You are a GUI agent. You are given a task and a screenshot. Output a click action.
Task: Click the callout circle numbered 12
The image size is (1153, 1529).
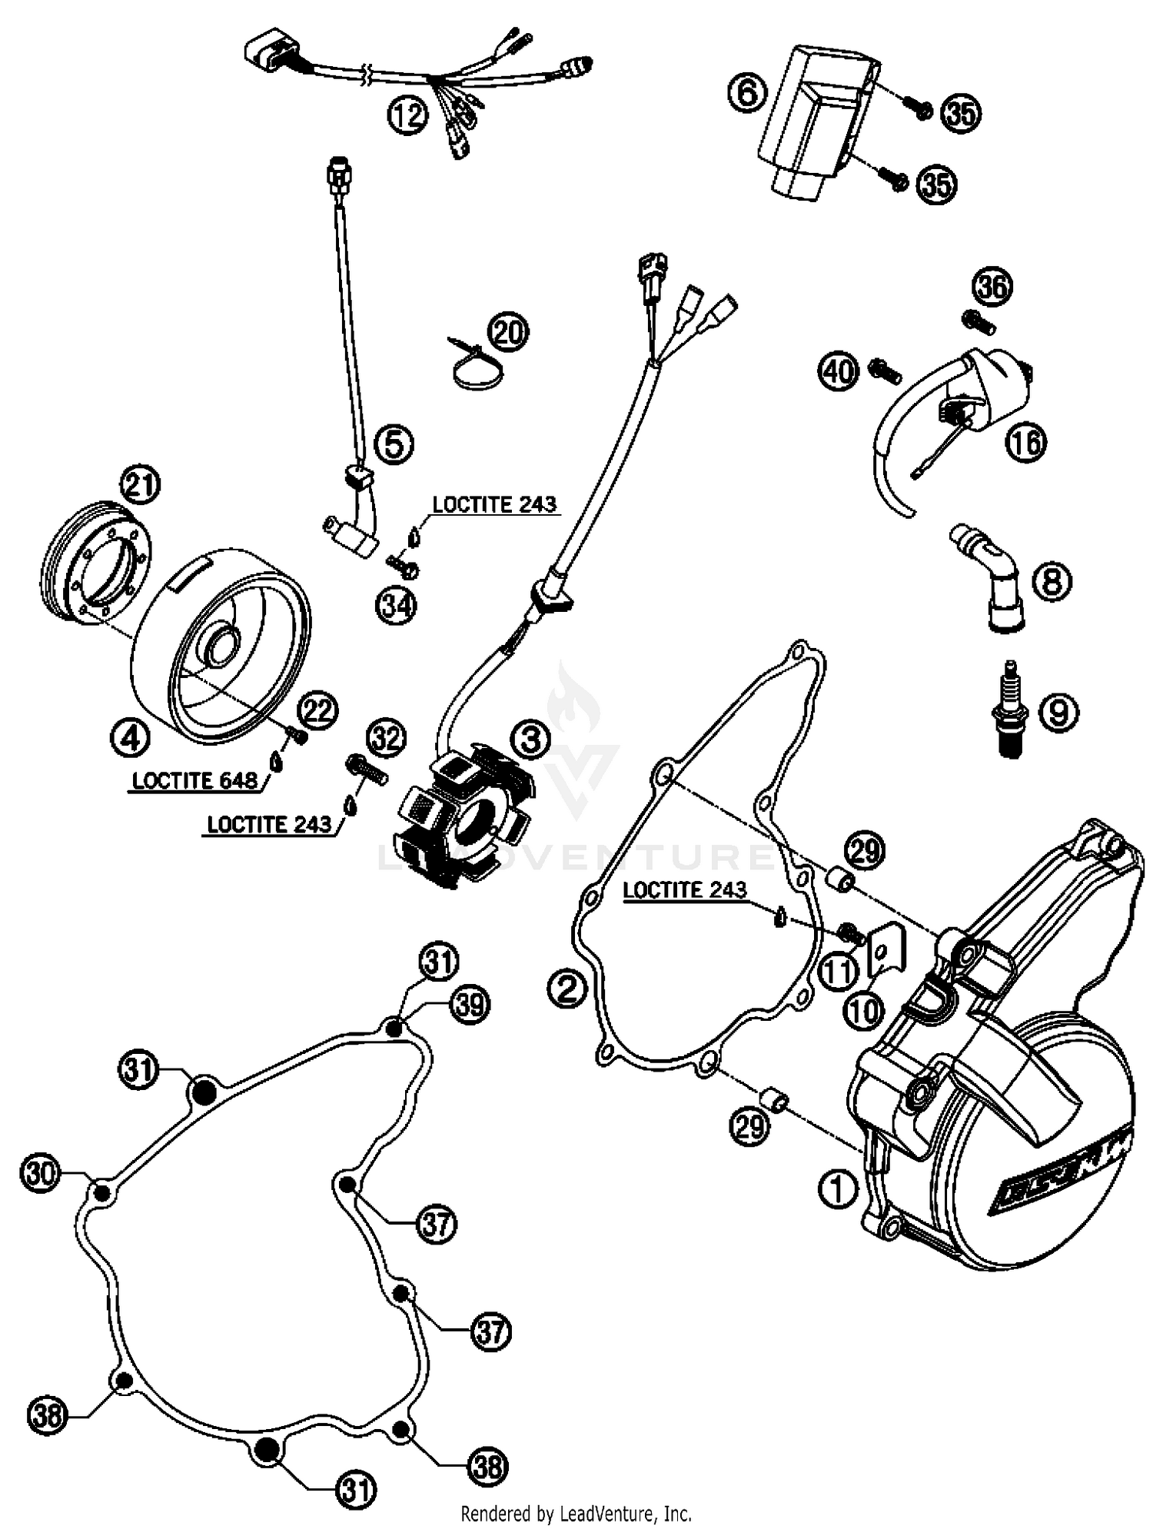tap(406, 116)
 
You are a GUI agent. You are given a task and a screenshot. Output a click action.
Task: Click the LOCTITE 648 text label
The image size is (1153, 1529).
tap(194, 780)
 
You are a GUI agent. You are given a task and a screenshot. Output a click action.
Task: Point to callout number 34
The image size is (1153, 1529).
tap(396, 606)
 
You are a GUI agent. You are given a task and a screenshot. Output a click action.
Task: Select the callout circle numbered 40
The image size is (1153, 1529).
tap(838, 372)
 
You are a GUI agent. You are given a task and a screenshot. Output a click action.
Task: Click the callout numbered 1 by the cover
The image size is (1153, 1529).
tap(837, 1189)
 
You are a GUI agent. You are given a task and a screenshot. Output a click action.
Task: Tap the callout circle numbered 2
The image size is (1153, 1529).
tap(567, 989)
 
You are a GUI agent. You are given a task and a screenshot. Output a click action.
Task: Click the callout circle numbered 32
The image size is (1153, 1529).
tap(386, 739)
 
